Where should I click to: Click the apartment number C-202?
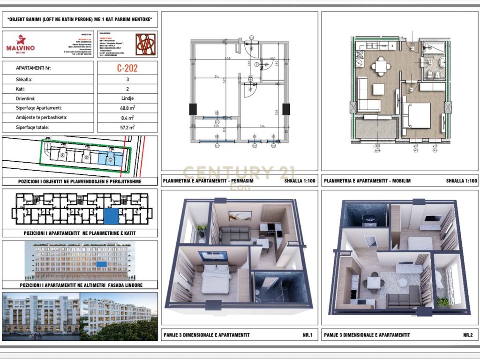[x=127, y=68]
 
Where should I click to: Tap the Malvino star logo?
[x=20, y=40]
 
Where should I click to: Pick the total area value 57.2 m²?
[x=127, y=127]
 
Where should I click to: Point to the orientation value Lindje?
[x=127, y=98]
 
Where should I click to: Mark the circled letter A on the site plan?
[x=63, y=155]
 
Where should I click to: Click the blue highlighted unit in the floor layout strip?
[x=111, y=217]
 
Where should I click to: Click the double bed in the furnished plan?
[x=416, y=115]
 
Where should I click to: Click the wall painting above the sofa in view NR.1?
[x=240, y=216]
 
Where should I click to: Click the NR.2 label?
[x=467, y=335]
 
